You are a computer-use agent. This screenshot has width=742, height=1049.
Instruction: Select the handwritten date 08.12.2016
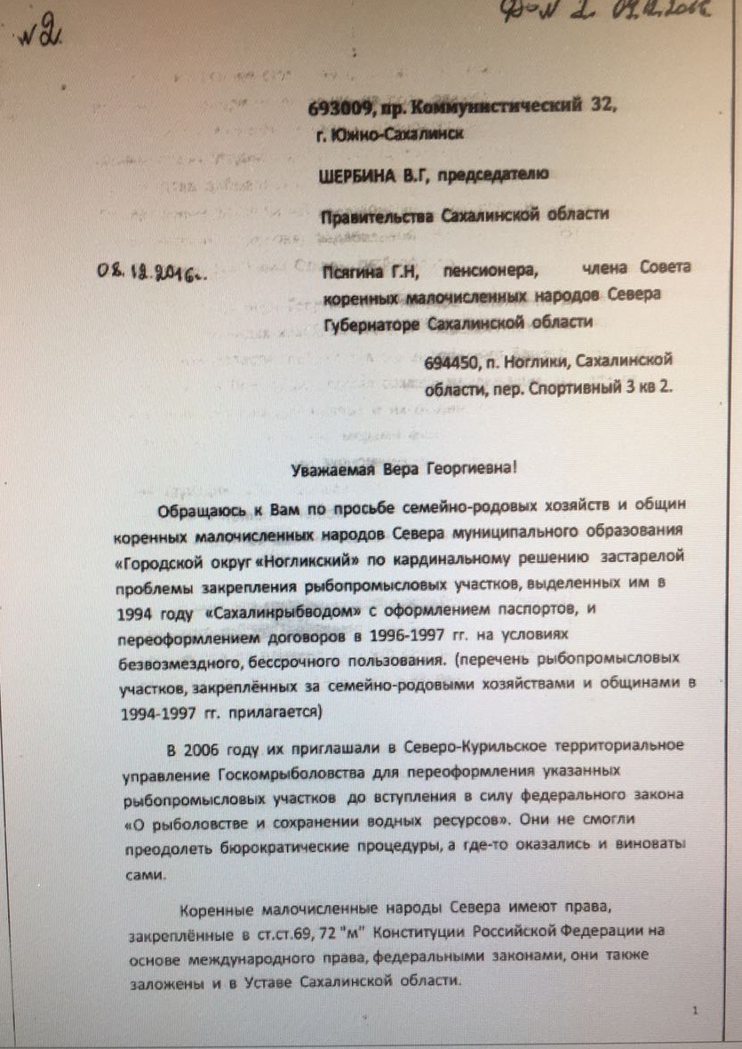tap(149, 270)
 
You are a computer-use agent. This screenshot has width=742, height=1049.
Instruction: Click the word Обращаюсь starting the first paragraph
tap(197, 512)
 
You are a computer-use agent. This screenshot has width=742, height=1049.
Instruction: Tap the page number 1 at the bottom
tap(695, 1010)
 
